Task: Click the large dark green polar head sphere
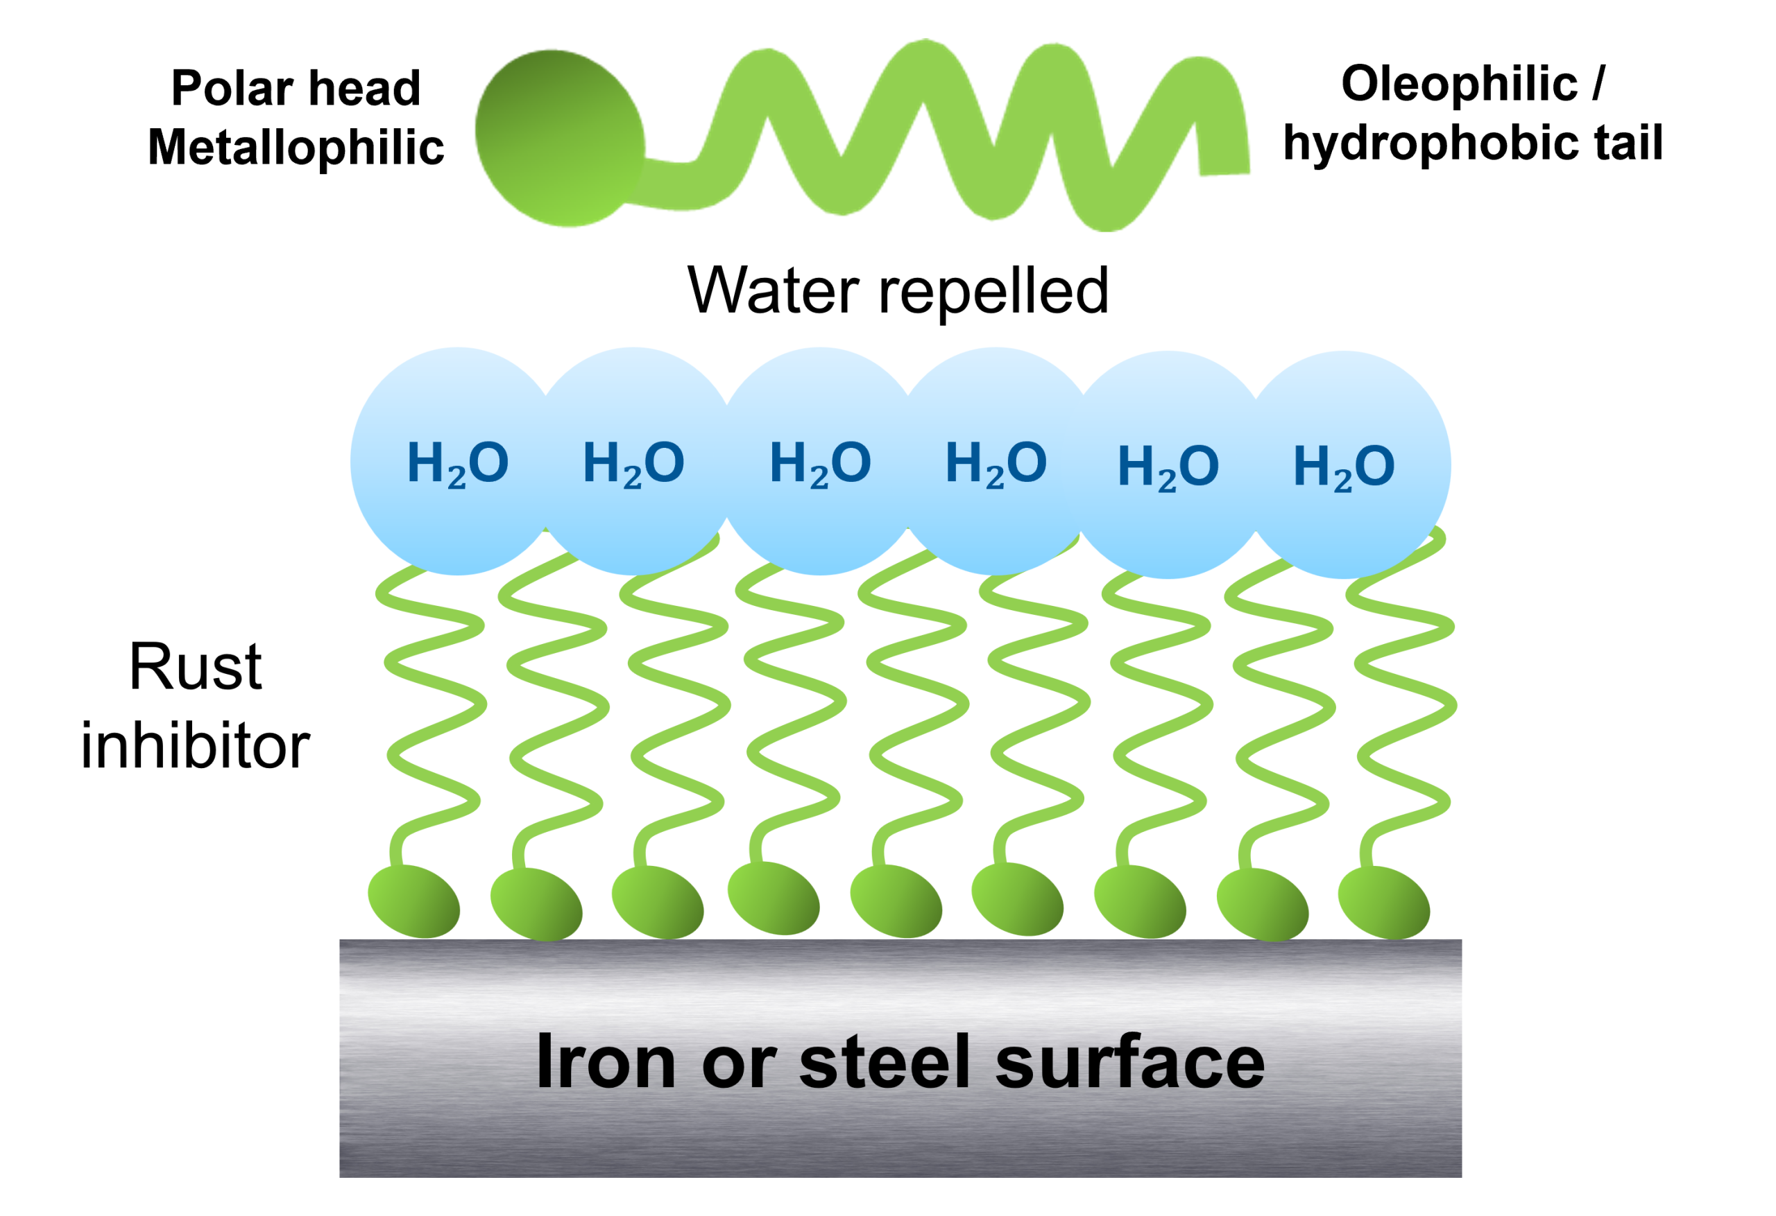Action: click(559, 138)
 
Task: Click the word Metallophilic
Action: click(296, 148)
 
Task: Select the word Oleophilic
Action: click(1459, 83)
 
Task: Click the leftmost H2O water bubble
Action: click(457, 461)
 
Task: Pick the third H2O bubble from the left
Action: click(819, 461)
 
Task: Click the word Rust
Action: click(195, 667)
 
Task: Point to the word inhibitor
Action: click(195, 746)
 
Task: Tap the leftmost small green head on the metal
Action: click(413, 901)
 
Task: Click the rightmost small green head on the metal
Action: click(1383, 902)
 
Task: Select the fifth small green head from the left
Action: click(896, 901)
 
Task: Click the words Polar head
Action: click(296, 88)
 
